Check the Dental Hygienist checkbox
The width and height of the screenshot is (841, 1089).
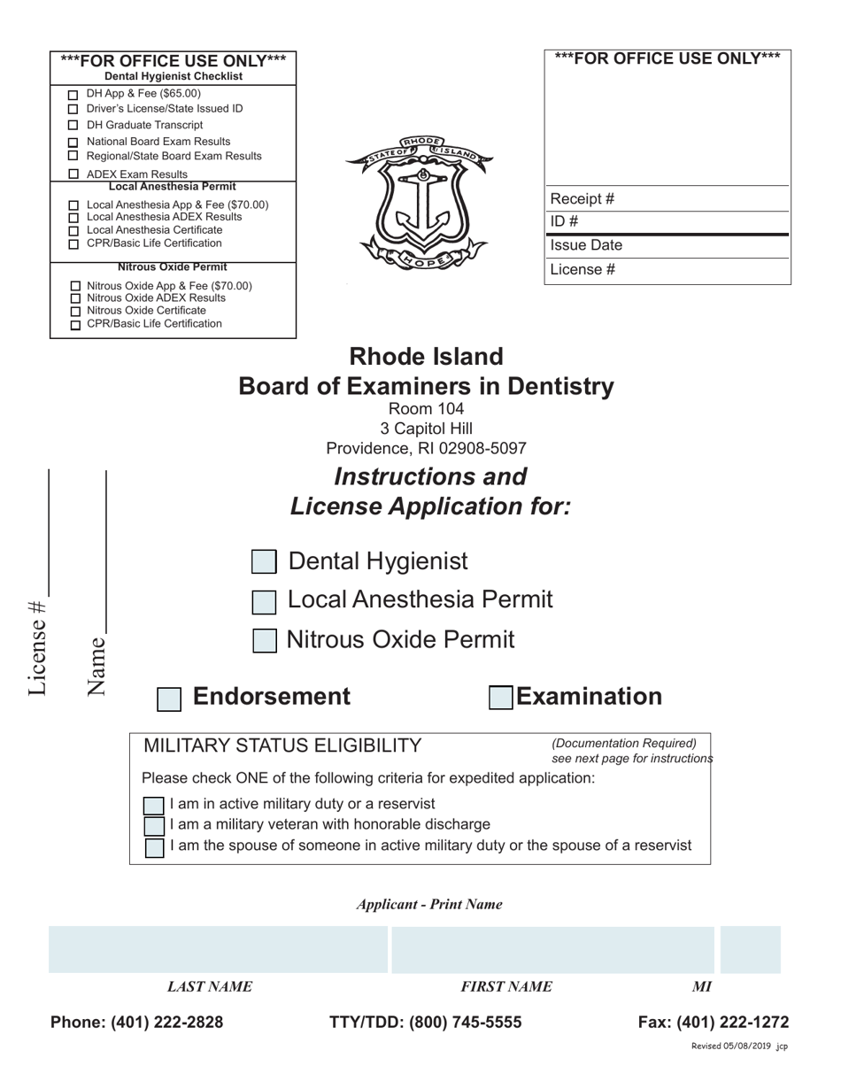pos(264,562)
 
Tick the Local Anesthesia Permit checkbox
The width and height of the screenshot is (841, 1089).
pos(264,602)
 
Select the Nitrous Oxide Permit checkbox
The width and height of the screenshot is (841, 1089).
pos(264,641)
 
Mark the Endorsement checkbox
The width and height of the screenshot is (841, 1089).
pos(169,699)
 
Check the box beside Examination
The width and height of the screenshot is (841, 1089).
pos(501,698)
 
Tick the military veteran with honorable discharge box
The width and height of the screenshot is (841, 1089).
pos(154,826)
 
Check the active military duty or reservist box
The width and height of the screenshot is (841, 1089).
pos(154,806)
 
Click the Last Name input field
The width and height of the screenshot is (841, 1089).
pos(218,950)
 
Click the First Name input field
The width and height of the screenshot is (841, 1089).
pos(552,950)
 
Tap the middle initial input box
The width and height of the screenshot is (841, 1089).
pos(751,950)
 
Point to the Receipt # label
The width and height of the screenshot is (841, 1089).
pos(583,199)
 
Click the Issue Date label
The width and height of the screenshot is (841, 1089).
pos(586,245)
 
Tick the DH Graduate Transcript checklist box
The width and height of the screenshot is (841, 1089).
pos(73,126)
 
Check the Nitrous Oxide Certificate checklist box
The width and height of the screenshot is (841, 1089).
pos(75,312)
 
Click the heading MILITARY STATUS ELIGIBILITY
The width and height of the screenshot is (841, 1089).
pos(282,745)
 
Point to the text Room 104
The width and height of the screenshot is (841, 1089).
pos(426,409)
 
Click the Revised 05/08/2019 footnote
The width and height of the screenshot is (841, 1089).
pos(738,1047)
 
